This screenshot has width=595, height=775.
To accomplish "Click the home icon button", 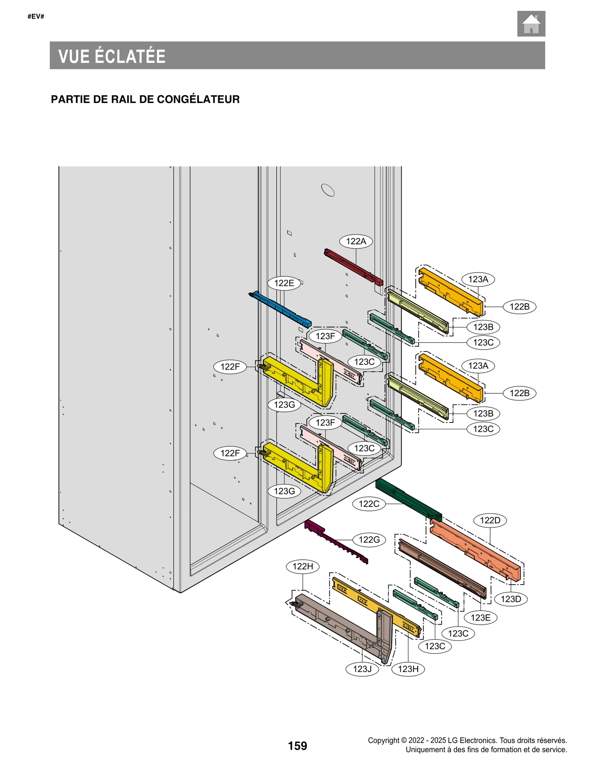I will (531, 24).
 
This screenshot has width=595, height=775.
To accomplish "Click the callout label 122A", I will (356, 241).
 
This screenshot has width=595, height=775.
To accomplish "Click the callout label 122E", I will (284, 283).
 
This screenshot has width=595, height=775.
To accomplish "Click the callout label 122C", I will (369, 504).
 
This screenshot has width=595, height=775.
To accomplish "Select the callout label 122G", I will (369, 540).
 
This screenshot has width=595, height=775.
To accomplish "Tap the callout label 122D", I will (490, 520).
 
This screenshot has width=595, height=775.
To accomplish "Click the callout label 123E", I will (480, 618).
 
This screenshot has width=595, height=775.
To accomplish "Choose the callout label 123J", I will (362, 669).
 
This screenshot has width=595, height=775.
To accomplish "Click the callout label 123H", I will (408, 669).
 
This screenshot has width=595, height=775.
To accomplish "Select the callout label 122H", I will (303, 566).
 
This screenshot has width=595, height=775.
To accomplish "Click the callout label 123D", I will (511, 599).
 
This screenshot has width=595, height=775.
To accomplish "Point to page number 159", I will (297, 746).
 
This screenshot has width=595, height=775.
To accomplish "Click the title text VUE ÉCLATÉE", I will (112, 56).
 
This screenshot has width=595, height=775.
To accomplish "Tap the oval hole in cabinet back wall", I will (328, 190).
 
